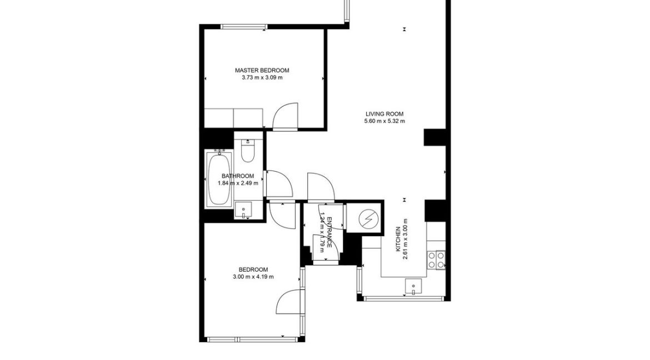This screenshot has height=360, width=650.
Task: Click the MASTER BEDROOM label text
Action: pos(262,71)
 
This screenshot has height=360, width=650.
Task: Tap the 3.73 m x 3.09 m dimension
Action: pos(262,78)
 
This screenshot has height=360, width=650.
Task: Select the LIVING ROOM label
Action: pos(384,114)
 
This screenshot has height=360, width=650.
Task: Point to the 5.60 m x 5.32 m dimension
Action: pos(384,121)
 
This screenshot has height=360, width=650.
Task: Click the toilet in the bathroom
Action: pos(248,150)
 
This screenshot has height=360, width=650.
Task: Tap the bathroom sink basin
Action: pos(243,209)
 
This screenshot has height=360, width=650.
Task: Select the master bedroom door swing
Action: pos(286,115)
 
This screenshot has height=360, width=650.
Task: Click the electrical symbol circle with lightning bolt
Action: pos(367,218)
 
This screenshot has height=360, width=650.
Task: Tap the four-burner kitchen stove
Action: pos(436,260)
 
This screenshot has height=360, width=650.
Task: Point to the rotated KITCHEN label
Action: pos(398,239)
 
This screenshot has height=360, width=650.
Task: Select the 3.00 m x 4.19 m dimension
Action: pos(253,277)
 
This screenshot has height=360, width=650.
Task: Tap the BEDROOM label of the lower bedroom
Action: pos(253,269)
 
